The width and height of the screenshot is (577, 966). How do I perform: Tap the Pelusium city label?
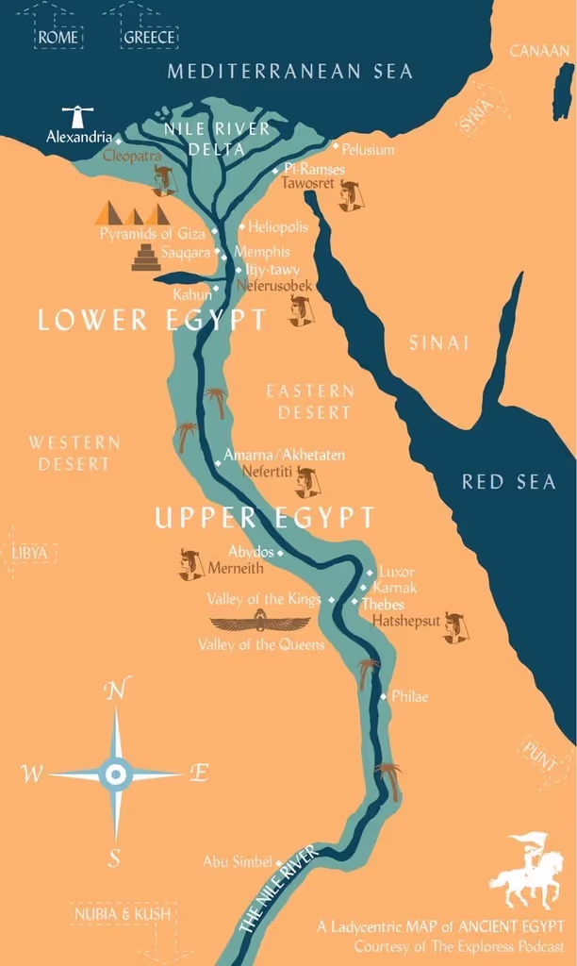(368, 150)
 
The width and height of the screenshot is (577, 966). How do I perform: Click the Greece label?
(150, 38)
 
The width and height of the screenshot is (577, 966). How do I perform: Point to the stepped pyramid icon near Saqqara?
(146, 258)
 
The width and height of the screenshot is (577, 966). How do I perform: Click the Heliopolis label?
(277, 227)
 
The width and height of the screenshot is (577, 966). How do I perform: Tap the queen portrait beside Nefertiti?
(307, 483)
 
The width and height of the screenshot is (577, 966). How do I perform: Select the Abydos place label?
(251, 552)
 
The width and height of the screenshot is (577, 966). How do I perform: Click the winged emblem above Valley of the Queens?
(259, 623)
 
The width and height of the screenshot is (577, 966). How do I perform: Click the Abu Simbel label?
(238, 861)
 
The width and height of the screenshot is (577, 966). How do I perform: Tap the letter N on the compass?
(115, 691)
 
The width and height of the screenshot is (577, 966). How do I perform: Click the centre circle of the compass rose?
(115, 774)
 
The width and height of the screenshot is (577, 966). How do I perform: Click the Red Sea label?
(508, 482)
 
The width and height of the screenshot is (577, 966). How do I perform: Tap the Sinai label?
(438, 343)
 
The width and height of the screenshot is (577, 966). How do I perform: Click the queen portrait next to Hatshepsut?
(455, 627)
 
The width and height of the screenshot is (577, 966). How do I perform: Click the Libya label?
(31, 553)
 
